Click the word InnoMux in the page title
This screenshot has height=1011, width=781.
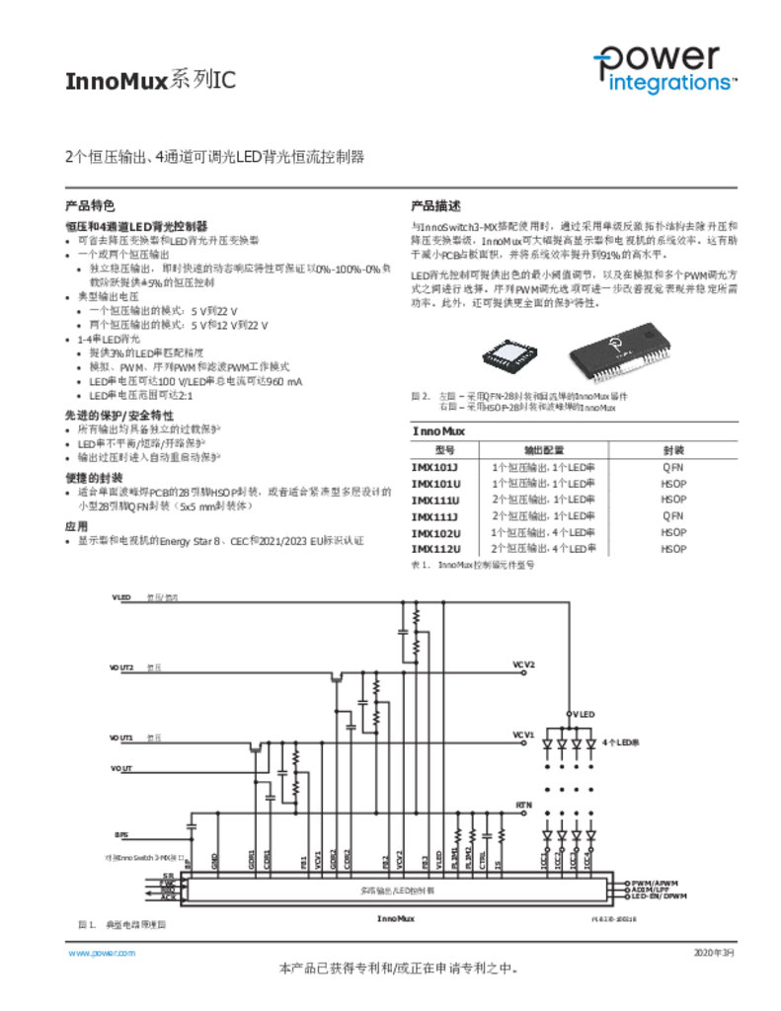(x=117, y=81)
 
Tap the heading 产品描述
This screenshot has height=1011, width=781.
(x=435, y=206)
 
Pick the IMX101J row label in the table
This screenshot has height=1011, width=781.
(x=435, y=467)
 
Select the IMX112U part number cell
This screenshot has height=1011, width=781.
(x=435, y=549)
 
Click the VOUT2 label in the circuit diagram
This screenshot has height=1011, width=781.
(x=121, y=668)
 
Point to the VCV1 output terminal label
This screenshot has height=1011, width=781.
(x=523, y=735)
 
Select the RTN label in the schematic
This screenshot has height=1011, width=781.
(x=523, y=806)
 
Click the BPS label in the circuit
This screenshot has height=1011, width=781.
(x=120, y=835)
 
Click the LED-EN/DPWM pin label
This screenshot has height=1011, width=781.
(x=660, y=895)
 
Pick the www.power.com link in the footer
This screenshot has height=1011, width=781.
(x=101, y=953)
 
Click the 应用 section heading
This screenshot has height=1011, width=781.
(x=76, y=526)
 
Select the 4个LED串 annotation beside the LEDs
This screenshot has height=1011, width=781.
(x=622, y=741)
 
